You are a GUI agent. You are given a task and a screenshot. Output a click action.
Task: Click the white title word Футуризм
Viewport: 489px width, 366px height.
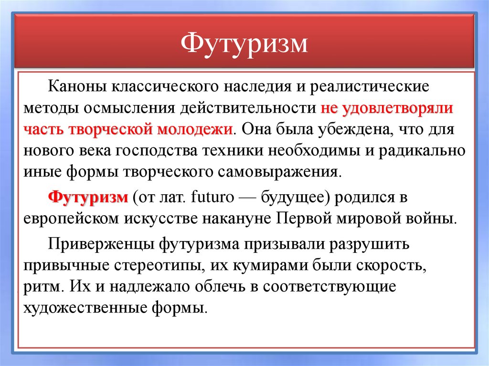click(244, 43)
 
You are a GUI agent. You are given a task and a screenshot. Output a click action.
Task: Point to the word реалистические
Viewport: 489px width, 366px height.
click(370, 87)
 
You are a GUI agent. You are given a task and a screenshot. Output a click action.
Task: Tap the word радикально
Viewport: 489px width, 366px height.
click(422, 151)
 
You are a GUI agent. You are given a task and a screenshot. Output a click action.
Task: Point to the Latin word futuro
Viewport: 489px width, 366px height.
click(213, 197)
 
